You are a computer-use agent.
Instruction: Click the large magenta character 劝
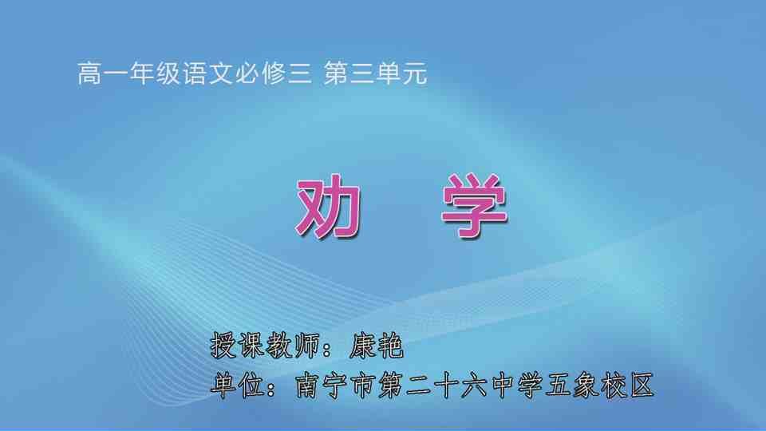pyautogui.click(x=326, y=205)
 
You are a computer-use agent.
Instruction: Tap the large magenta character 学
pyautogui.click(x=474, y=205)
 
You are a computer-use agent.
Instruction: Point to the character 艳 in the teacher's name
pyautogui.click(x=391, y=346)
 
